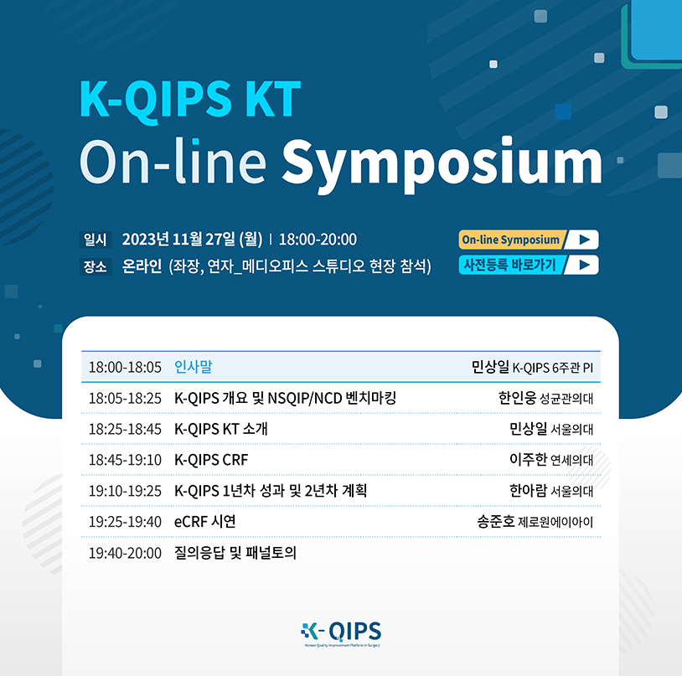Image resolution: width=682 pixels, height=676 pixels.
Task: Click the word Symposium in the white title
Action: click(442, 165)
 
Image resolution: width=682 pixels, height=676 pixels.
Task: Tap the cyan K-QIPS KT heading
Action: click(190, 99)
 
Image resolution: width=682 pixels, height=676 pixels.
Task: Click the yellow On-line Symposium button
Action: click(529, 240)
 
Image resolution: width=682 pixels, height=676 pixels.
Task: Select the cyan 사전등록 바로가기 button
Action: click(529, 265)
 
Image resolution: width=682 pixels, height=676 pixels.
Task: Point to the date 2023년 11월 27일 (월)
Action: click(192, 240)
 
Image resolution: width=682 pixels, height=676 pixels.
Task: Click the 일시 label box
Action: click(96, 240)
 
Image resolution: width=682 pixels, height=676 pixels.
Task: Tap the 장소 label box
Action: click(96, 266)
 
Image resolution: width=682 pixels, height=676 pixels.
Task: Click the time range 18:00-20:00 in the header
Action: click(318, 240)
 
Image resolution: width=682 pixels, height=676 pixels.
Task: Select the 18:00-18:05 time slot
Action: click(126, 368)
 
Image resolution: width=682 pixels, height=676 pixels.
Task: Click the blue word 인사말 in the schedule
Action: click(193, 366)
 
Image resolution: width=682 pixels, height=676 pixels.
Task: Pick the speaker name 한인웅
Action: click(517, 397)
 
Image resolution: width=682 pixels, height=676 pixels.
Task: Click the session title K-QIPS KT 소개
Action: click(221, 429)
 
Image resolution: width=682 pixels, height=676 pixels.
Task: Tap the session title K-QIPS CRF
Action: click(211, 460)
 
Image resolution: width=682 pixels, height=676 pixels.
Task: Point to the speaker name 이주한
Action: click(528, 459)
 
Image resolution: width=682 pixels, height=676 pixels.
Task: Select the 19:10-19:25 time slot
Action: click(126, 491)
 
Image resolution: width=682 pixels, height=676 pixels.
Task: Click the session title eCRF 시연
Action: click(205, 521)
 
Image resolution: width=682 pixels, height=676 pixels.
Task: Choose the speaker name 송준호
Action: click(496, 521)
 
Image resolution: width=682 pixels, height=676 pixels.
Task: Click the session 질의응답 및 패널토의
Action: click(235, 553)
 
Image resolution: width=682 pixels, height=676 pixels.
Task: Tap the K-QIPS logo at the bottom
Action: click(341, 634)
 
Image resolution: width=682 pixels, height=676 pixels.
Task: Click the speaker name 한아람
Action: click(528, 490)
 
